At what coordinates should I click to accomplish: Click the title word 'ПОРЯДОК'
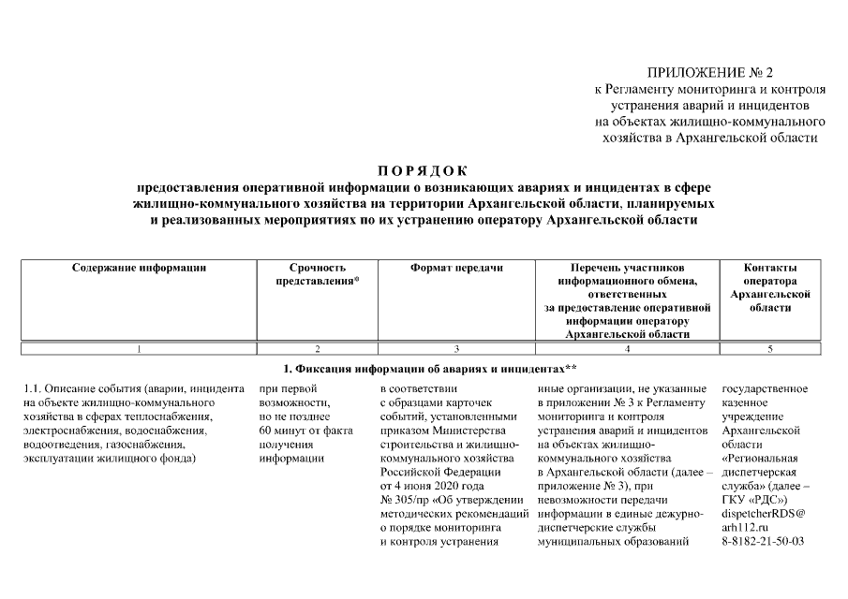coord(424,170)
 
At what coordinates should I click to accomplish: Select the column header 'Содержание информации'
coord(139,268)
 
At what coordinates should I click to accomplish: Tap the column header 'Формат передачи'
coord(456,268)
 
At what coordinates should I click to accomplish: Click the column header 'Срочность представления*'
coord(318,274)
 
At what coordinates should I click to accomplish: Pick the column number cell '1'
coord(139,349)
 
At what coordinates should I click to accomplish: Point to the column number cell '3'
coord(456,349)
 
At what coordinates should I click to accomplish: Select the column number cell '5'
coord(770,349)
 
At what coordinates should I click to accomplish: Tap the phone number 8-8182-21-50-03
coord(763,541)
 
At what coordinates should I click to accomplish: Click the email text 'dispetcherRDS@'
coord(764,513)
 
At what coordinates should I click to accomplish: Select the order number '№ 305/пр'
coord(404,500)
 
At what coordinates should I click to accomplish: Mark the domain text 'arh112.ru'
coord(745,527)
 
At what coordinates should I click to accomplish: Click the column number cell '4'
coord(626,349)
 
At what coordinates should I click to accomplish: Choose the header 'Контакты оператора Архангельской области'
coord(770,287)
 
